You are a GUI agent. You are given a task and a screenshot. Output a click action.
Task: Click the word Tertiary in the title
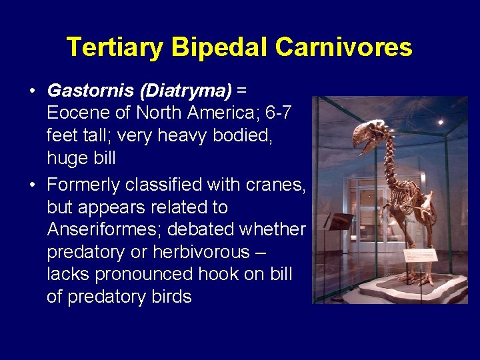pos(115,47)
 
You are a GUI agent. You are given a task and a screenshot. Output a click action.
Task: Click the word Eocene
pos(77,113)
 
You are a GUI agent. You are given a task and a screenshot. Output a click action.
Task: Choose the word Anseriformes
pos(104,229)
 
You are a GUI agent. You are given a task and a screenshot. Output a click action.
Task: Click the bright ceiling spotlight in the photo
pos(441,122)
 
